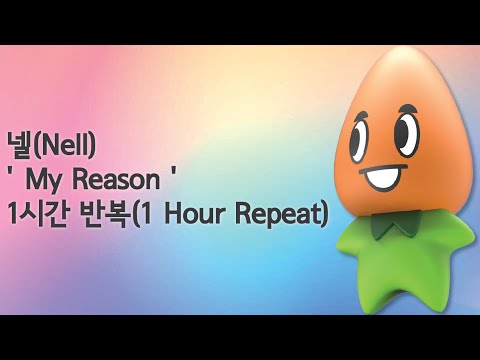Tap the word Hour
click(x=216, y=214)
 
